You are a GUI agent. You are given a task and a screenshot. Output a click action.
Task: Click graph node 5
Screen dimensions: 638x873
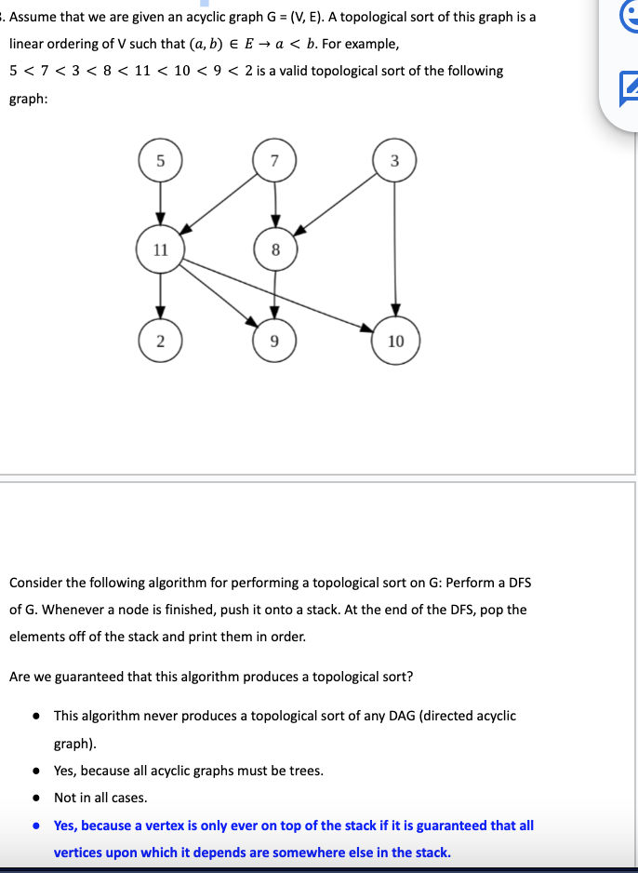[x=161, y=159]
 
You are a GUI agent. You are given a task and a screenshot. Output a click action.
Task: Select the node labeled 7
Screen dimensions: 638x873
[x=273, y=159]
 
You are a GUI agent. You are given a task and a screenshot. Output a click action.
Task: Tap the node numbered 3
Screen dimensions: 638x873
[x=395, y=159]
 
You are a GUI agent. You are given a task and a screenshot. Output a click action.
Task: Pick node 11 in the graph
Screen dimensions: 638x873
[x=161, y=249]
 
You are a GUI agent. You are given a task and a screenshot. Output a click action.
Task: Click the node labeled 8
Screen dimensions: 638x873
[x=274, y=249]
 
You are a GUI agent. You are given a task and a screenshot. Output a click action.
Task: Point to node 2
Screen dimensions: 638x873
[x=161, y=340]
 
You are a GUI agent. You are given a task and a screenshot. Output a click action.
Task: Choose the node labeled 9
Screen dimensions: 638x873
[x=274, y=340]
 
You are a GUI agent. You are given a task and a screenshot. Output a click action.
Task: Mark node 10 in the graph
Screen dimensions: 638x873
[x=395, y=341]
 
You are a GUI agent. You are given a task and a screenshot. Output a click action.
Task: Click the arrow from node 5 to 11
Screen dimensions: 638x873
[x=161, y=202]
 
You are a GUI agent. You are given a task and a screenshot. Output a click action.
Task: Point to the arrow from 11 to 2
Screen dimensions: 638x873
[x=161, y=295]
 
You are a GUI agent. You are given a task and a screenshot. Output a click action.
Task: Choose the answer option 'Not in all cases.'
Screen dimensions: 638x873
[x=100, y=798]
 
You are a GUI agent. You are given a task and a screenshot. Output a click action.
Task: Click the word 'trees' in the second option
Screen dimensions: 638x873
[x=303, y=771]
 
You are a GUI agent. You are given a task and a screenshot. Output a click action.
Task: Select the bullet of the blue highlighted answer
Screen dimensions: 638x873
[x=35, y=826]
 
